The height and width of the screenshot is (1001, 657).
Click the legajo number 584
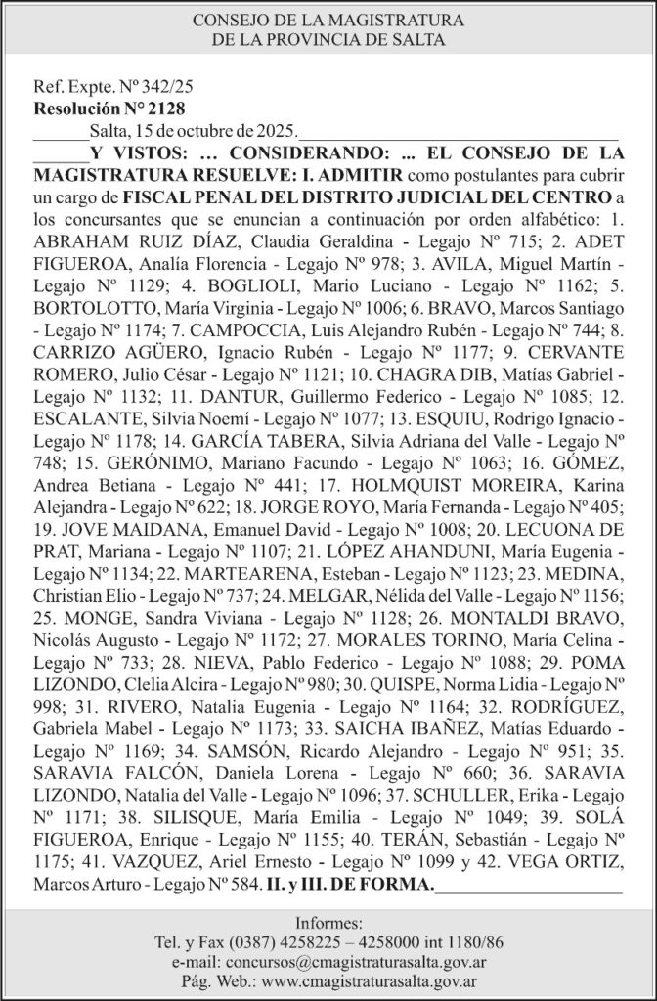pos(241,886)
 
